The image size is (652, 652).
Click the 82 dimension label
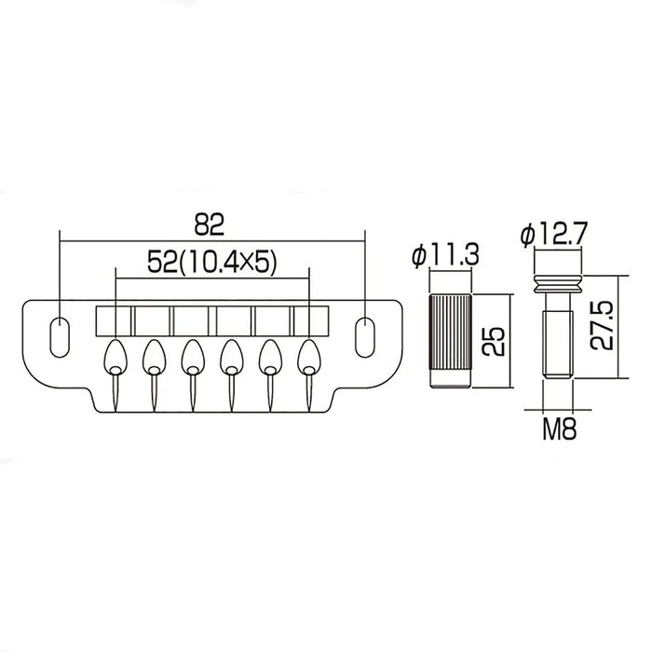pos(210,225)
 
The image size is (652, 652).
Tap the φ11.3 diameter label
pos(446,254)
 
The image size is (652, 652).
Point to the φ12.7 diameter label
pos(554,234)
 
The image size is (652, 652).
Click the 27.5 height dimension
pos(602,326)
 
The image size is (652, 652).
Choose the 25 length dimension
pos(493,342)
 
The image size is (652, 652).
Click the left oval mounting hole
pos(60,337)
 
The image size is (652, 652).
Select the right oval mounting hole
pos(365,337)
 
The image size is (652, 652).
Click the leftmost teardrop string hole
pos(115,359)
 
